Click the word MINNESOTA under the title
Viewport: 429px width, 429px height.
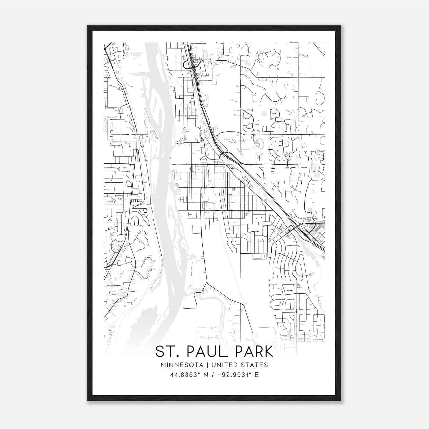point(182,365)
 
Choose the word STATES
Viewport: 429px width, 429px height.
point(254,365)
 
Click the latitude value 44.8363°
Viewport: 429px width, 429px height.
point(185,375)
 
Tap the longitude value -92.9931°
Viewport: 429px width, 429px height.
point(232,375)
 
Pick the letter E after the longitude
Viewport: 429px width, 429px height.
point(257,375)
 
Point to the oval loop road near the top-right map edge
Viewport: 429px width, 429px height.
point(320,98)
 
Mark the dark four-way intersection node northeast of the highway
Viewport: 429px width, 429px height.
point(254,134)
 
